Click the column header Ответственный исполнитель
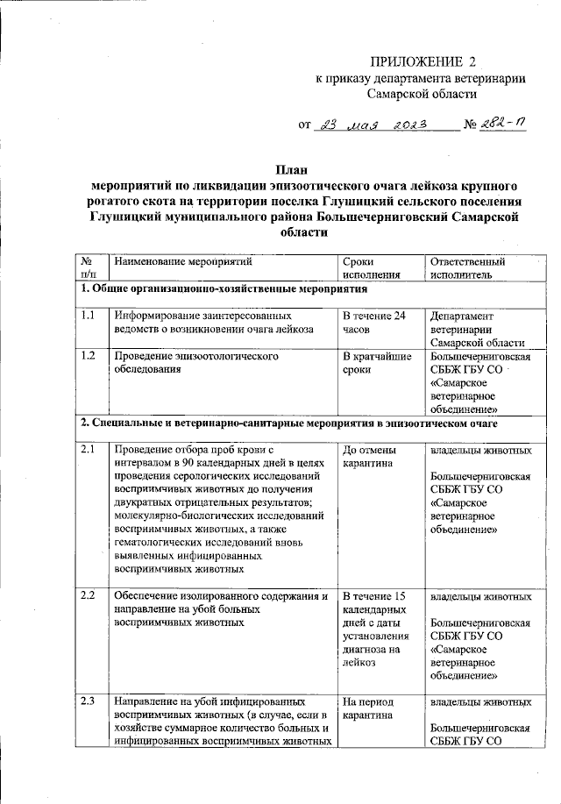[x=468, y=267]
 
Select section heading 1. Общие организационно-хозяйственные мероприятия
[x=224, y=289]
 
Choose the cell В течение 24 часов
[x=374, y=322]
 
